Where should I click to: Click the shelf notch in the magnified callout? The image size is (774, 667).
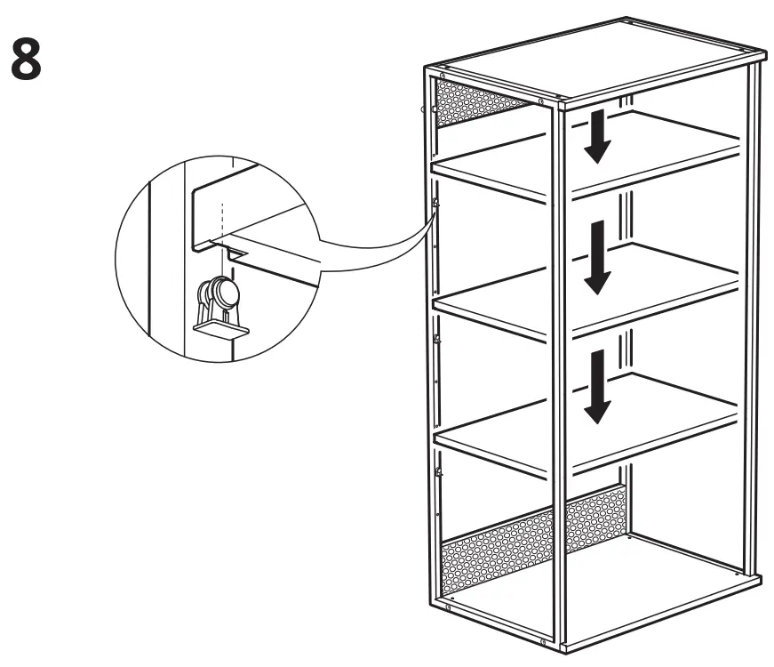[235, 254]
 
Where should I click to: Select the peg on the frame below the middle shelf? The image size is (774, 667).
[435, 339]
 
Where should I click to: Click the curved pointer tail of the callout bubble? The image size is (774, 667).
[373, 240]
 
